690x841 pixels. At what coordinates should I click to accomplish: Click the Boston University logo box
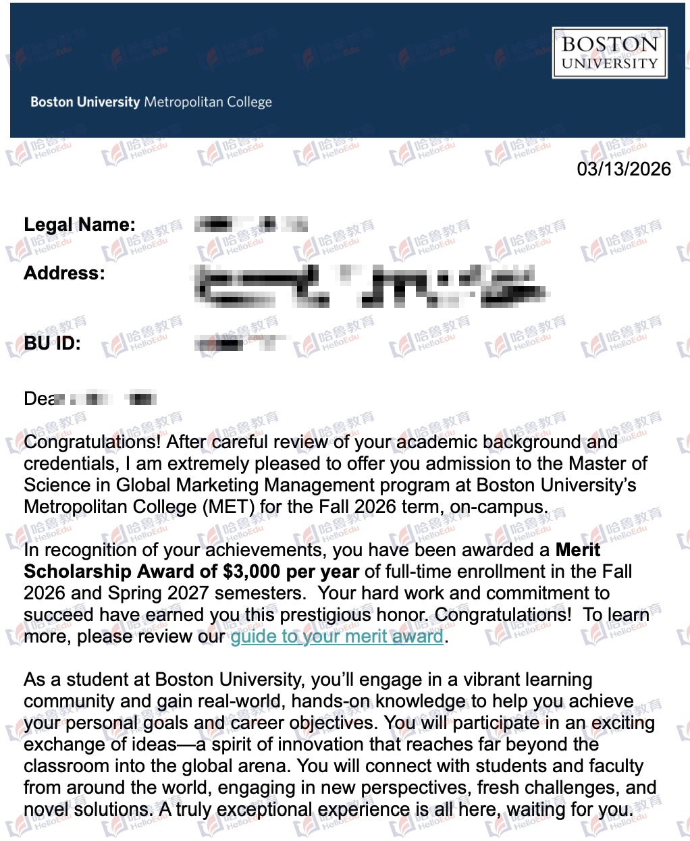(609, 53)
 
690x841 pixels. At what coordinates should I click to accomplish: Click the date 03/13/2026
(623, 169)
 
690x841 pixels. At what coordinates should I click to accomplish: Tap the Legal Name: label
(80, 225)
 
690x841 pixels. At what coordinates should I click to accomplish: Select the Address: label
(65, 273)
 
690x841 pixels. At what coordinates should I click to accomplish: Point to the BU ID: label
(53, 344)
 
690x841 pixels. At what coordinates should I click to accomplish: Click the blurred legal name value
(250, 225)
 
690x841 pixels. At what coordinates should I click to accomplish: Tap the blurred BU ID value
(236, 344)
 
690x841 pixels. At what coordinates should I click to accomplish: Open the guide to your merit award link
(337, 636)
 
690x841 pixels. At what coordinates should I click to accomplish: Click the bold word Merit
(577, 550)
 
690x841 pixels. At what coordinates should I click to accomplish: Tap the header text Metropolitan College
(208, 103)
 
